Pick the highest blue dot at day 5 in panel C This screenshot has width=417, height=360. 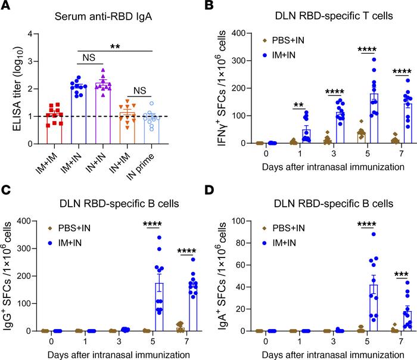[160, 238]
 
